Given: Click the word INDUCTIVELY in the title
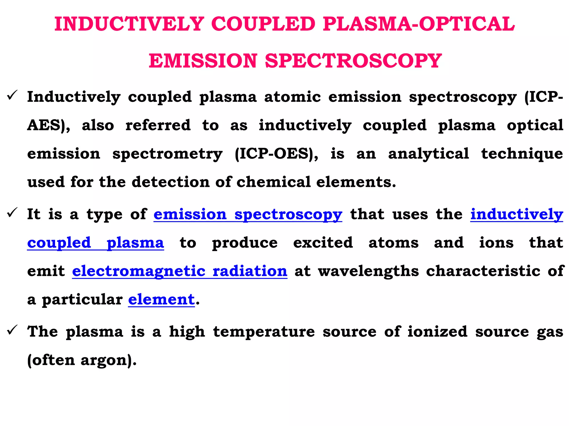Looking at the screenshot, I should pos(129,24).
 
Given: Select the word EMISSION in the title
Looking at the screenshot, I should pos(203,61).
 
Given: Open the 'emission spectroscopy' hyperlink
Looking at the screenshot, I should pos(248,215).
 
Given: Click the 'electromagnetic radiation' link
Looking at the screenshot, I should pos(179,271).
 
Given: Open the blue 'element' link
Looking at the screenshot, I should pos(161,300).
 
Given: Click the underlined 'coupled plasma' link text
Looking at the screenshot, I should pos(95,243).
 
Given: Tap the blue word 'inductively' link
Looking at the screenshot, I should pos(516,215).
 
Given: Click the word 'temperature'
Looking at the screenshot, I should pos(264,332).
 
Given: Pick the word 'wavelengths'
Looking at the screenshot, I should pos(368,271).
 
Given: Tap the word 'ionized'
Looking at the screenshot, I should pos(437,332).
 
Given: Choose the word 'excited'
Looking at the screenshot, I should pos(323,243).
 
